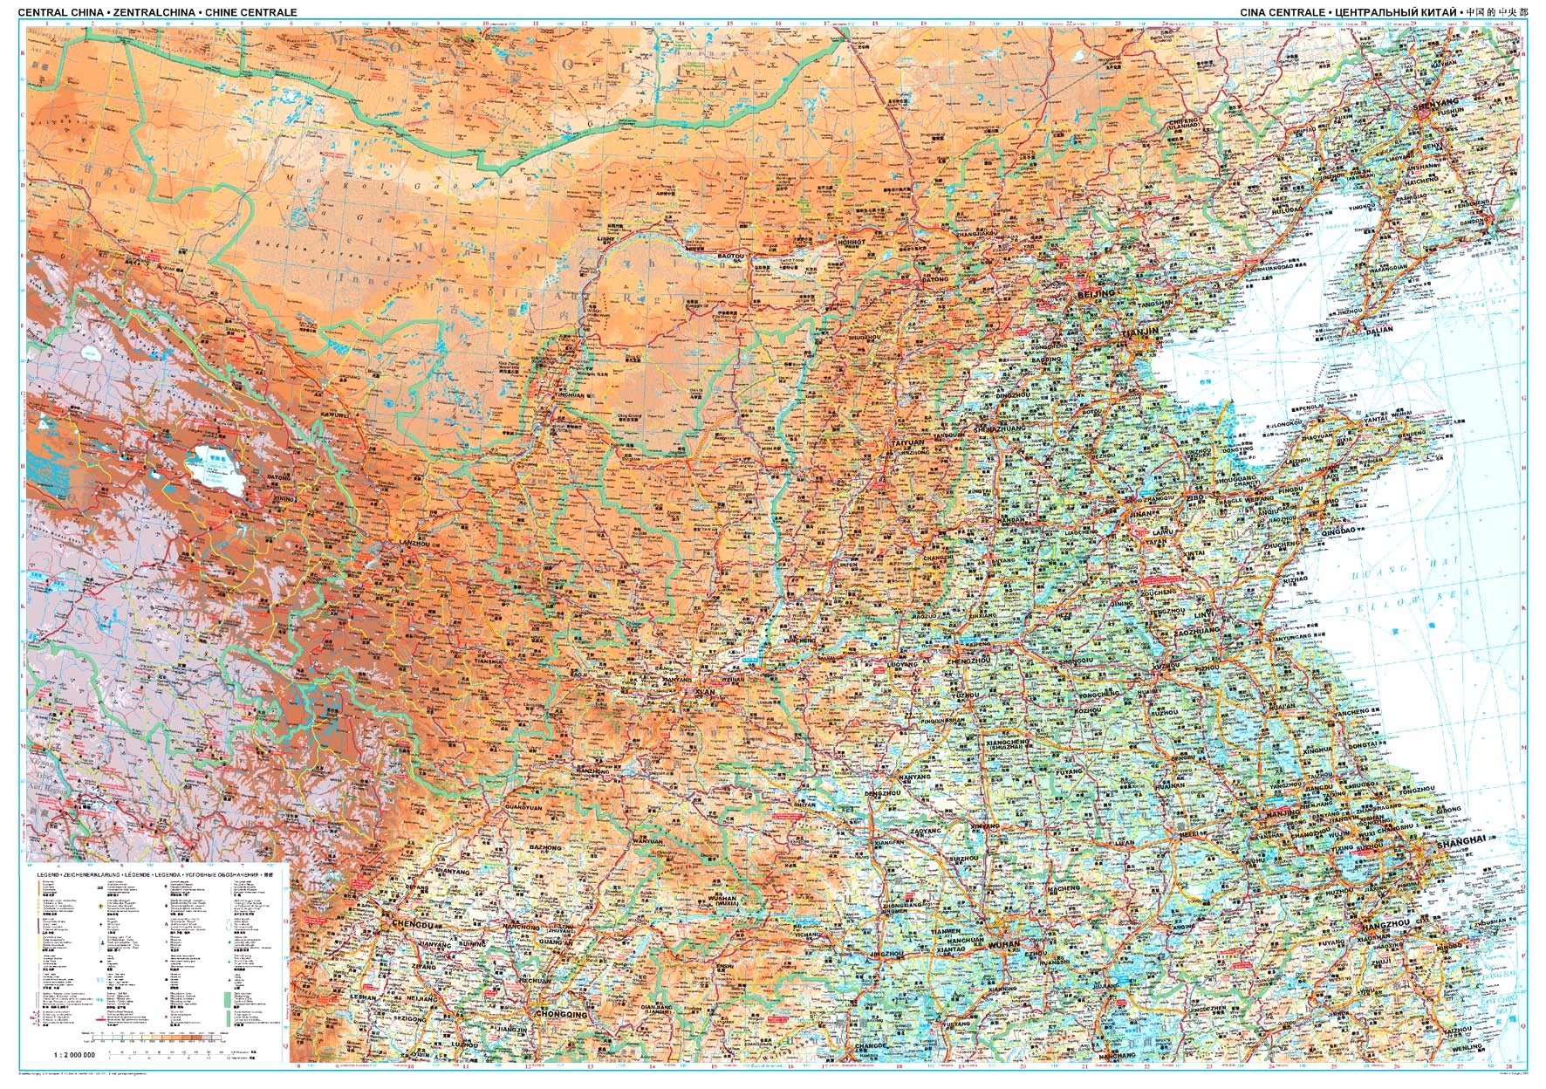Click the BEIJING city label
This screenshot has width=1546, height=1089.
1097,295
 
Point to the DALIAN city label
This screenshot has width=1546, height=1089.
1380,331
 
